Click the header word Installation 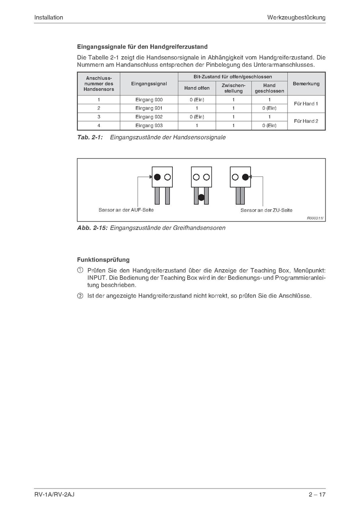(x=49, y=17)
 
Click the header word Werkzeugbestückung (x=296, y=17)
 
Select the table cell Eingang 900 (x=149, y=100)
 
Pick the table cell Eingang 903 (x=149, y=125)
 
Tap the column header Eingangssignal (x=149, y=84)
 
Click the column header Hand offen (x=197, y=88)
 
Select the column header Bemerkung (x=306, y=84)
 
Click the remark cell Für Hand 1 (x=306, y=104)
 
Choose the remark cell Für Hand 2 (x=306, y=121)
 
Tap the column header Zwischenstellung (x=233, y=88)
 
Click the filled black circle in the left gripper (x=157, y=176)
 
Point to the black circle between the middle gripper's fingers (x=201, y=196)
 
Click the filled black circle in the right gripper (x=245, y=176)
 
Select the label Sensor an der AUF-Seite (x=126, y=210)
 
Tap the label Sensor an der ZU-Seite (x=266, y=210)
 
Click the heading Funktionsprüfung (x=103, y=259)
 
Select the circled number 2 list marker (x=80, y=296)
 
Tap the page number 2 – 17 (x=317, y=495)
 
